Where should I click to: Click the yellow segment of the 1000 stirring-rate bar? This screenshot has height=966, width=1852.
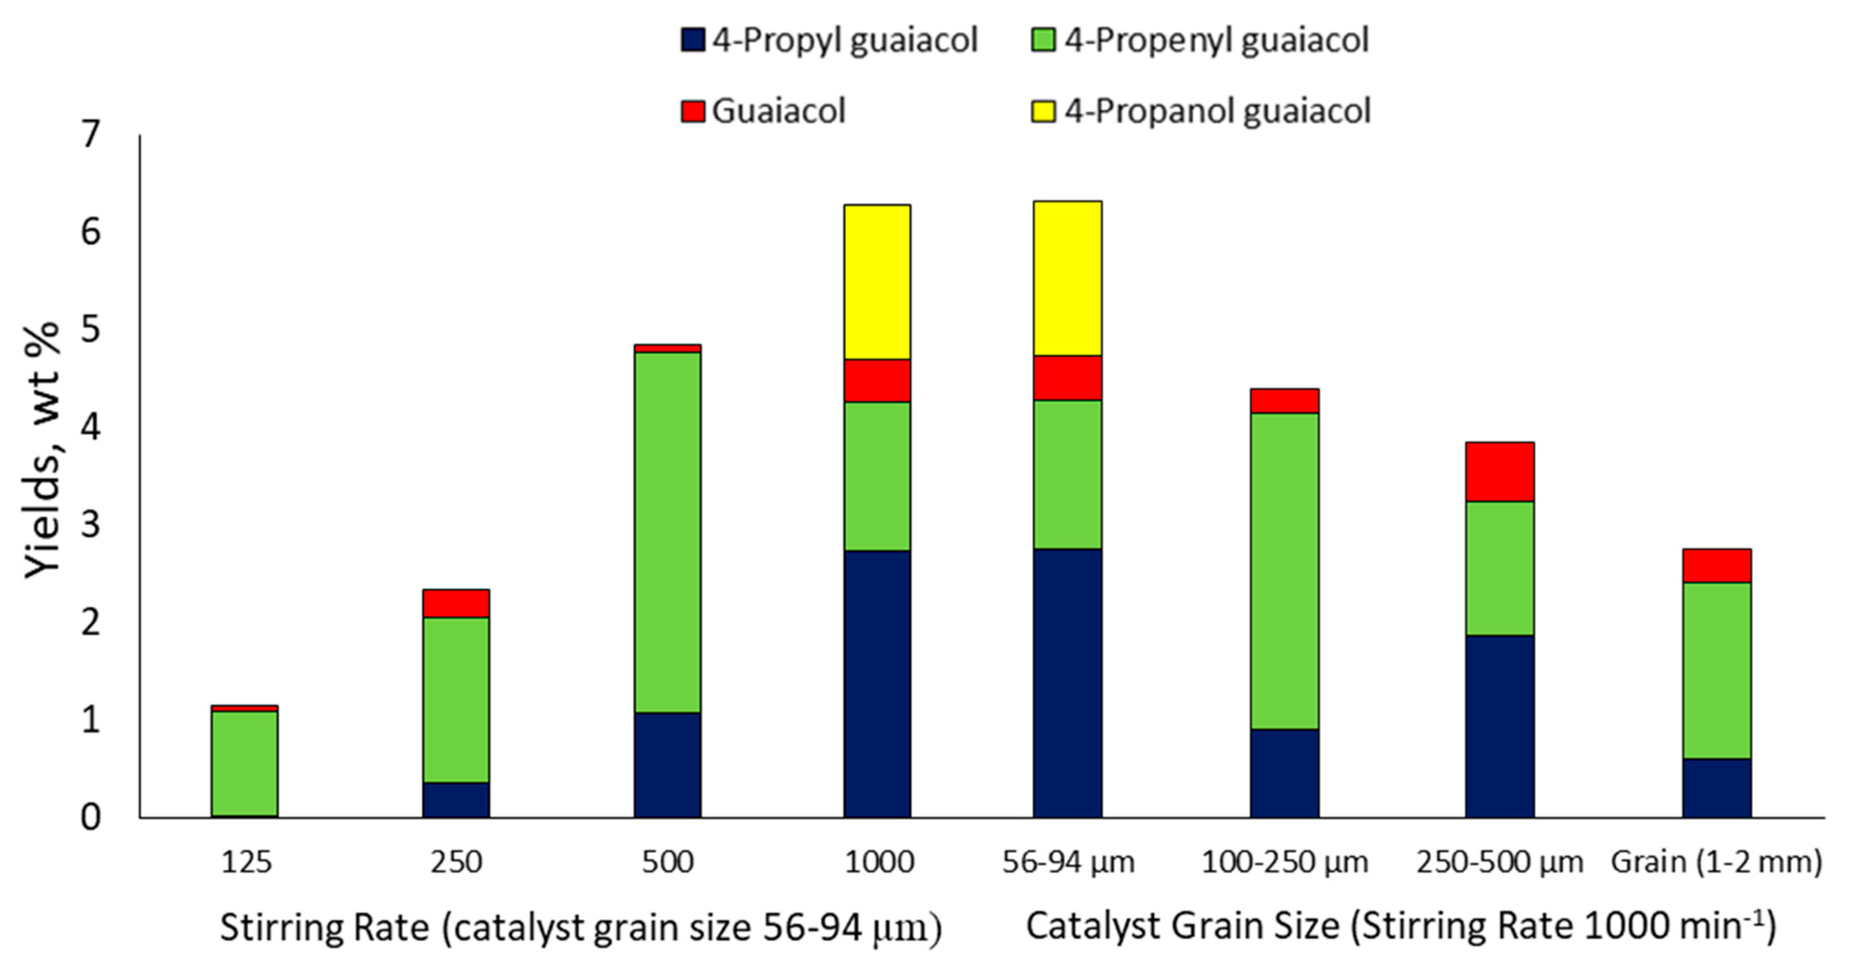877,282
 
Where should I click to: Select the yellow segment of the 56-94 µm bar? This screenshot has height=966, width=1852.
1067,278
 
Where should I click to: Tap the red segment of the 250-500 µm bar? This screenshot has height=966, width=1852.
1500,472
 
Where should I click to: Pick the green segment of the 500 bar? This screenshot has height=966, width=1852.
667,532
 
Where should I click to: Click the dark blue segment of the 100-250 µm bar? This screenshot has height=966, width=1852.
1284,773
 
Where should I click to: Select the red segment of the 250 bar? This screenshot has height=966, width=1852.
456,603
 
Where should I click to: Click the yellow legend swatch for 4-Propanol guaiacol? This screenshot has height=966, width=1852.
1042,111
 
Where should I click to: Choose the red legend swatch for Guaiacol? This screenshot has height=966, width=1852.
693,111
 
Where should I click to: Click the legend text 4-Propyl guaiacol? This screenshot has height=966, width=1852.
845,40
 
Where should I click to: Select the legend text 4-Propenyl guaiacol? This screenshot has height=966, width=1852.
1217,40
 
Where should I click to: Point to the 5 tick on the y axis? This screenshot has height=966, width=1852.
91,330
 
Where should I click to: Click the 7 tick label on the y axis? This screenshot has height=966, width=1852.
91,135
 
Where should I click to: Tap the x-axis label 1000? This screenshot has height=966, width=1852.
879,862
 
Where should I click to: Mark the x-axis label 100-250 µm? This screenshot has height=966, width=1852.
1284,862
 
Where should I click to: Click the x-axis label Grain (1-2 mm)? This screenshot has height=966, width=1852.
1716,862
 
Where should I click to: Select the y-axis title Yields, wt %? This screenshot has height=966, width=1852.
42,449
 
